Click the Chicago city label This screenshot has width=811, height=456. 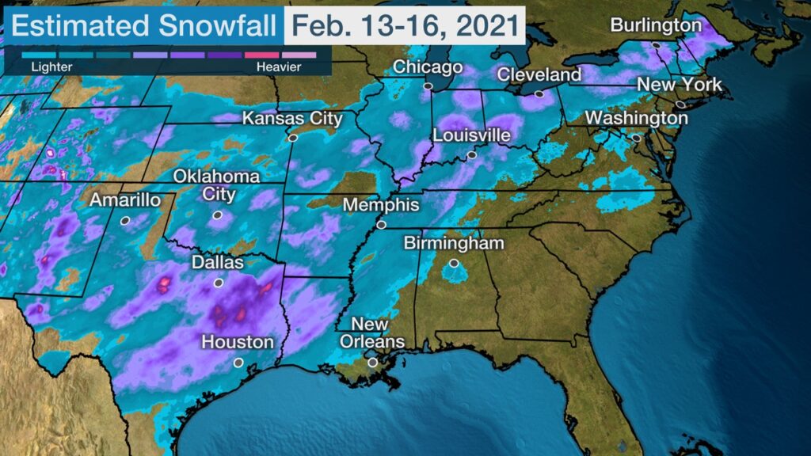pos(428,67)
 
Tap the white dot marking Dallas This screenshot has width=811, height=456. pos(219,283)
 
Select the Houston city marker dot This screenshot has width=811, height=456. pos(238,363)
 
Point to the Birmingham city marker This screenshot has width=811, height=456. pos(454,263)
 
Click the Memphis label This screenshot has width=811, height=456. pos(381,205)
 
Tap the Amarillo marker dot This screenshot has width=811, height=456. pos(124,221)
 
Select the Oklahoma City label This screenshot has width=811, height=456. pos(216,184)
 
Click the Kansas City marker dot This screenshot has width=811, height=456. pos(292,138)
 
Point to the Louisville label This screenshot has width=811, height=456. pos(471,135)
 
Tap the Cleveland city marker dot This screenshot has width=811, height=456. pos(539,93)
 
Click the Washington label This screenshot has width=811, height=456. pos(637,118)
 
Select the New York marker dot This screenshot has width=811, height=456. pos(680,104)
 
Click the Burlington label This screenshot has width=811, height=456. pos(656,25)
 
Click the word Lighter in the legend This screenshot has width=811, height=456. pos(51,67)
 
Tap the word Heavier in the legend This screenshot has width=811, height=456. pos(279,67)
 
